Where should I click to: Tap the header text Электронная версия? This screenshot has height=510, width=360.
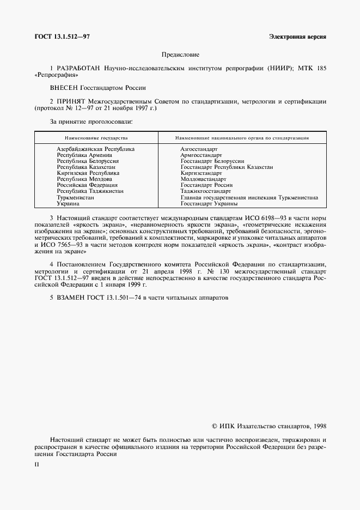(x=297, y=37)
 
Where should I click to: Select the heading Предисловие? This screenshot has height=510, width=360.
(x=180, y=54)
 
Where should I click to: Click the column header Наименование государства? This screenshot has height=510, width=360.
(x=96, y=138)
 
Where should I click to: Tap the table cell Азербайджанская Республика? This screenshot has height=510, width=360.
(x=96, y=149)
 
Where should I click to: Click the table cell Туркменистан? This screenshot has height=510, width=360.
(x=76, y=197)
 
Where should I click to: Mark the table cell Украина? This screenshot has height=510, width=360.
(x=68, y=203)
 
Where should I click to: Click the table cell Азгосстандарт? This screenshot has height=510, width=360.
(x=199, y=149)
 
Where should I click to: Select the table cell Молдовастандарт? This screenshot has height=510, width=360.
(x=203, y=179)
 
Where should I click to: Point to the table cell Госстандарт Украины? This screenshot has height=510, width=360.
(x=209, y=203)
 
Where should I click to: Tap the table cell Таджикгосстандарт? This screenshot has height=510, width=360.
(x=205, y=191)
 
